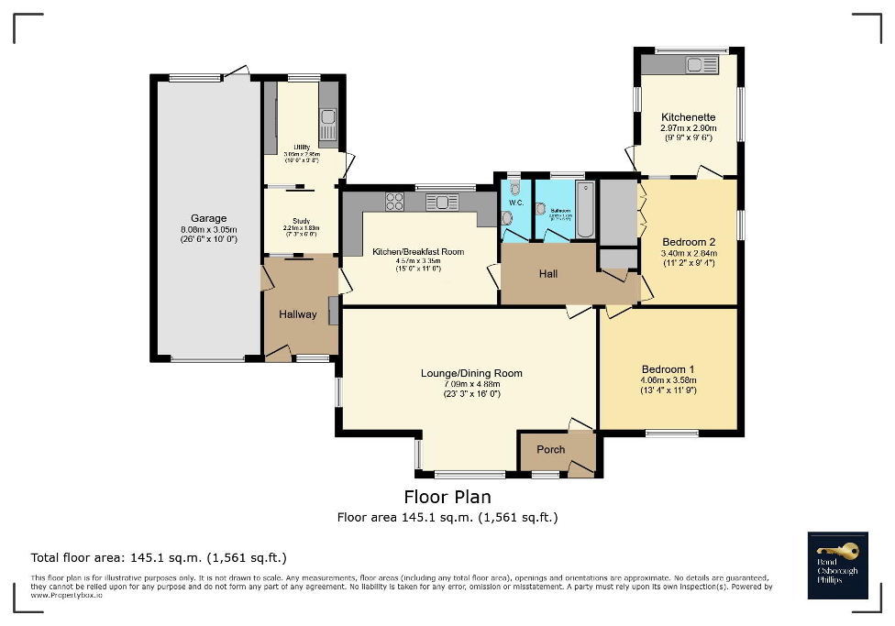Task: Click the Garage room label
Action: (x=208, y=218)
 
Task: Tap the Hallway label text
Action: (x=298, y=314)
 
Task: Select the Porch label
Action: (x=551, y=449)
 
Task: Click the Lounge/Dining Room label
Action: (x=471, y=373)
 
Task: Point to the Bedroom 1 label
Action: (x=668, y=367)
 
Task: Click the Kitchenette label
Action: (x=688, y=117)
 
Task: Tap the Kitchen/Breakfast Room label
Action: (x=417, y=251)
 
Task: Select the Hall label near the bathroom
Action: (x=548, y=273)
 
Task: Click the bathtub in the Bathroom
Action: (x=584, y=209)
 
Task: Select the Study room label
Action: (x=301, y=221)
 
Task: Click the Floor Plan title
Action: (x=447, y=497)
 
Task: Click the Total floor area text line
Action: (x=159, y=557)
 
